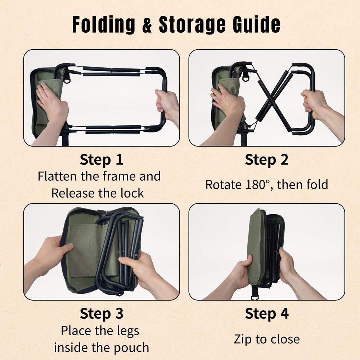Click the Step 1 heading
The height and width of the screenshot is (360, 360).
[102, 160]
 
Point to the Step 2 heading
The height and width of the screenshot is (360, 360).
[267, 160]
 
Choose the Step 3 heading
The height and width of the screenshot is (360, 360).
[102, 314]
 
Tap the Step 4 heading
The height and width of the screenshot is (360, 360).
[267, 314]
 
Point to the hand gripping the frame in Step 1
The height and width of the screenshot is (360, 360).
[168, 104]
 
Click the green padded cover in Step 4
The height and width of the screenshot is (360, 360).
[256, 245]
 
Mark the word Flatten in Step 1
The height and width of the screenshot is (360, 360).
[58, 176]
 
